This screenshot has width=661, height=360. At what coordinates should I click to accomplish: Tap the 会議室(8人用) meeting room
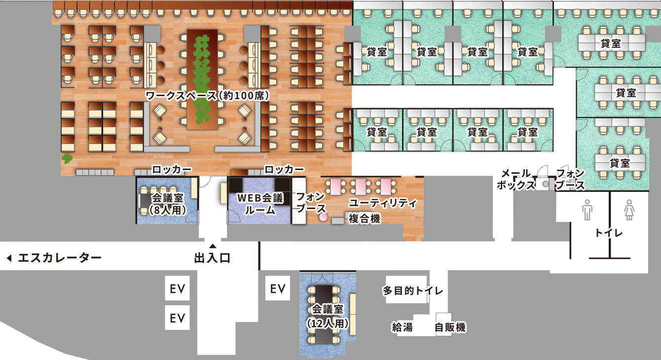[x=167, y=204]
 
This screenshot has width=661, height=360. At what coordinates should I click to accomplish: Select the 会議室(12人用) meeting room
[x=328, y=316]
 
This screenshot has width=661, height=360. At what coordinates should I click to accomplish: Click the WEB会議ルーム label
[x=260, y=204]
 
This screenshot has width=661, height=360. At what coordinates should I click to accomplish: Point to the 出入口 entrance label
[x=213, y=258]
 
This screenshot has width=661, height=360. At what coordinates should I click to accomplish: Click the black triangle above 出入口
[x=213, y=246]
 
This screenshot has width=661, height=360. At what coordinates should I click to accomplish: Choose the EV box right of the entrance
[x=278, y=288]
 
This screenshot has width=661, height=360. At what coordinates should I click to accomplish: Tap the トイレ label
[x=609, y=233]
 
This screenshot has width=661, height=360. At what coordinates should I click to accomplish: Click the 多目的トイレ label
[x=413, y=291]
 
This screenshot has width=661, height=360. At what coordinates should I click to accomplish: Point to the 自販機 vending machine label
[x=450, y=327]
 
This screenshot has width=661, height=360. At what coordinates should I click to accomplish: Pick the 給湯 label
[x=402, y=327]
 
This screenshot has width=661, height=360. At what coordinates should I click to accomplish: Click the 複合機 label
[x=364, y=219]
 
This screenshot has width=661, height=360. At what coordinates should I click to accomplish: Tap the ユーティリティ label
[x=383, y=203]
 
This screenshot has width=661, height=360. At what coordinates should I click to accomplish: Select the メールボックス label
[x=515, y=179]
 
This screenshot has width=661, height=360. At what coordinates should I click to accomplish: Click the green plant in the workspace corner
[x=66, y=158]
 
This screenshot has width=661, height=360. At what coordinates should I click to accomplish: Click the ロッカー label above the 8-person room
[x=172, y=170]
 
